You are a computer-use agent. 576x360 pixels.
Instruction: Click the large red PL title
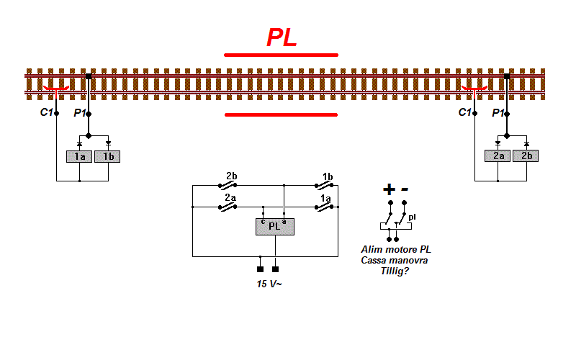tap(282, 37)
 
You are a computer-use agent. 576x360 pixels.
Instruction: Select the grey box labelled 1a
tap(79, 156)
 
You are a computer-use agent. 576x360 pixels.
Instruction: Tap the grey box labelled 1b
tap(107, 156)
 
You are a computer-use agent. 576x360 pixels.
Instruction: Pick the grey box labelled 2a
tap(498, 156)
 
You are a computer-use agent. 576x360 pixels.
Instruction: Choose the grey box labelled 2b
tap(526, 156)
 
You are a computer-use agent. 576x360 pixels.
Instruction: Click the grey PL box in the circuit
tap(275, 227)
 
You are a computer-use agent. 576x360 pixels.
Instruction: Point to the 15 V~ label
tap(269, 284)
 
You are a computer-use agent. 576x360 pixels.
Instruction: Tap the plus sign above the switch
tap(389, 189)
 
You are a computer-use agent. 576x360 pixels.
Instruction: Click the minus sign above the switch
tap(405, 189)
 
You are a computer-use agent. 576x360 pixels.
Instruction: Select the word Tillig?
tap(395, 271)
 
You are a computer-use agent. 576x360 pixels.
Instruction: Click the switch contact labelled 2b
tap(228, 186)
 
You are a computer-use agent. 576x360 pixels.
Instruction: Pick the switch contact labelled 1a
tap(324, 207)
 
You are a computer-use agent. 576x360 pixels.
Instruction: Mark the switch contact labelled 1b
tap(324, 186)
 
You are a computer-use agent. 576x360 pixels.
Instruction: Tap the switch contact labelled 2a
tap(228, 207)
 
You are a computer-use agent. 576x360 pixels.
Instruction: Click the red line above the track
tap(281, 55)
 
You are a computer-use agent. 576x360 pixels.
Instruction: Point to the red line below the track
tap(281, 114)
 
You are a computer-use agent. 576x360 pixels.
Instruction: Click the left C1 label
tap(46, 112)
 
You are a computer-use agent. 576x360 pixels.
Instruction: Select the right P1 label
tap(498, 113)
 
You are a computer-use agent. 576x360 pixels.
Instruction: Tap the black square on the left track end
tap(89, 76)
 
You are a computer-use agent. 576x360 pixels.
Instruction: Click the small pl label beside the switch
tap(412, 217)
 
